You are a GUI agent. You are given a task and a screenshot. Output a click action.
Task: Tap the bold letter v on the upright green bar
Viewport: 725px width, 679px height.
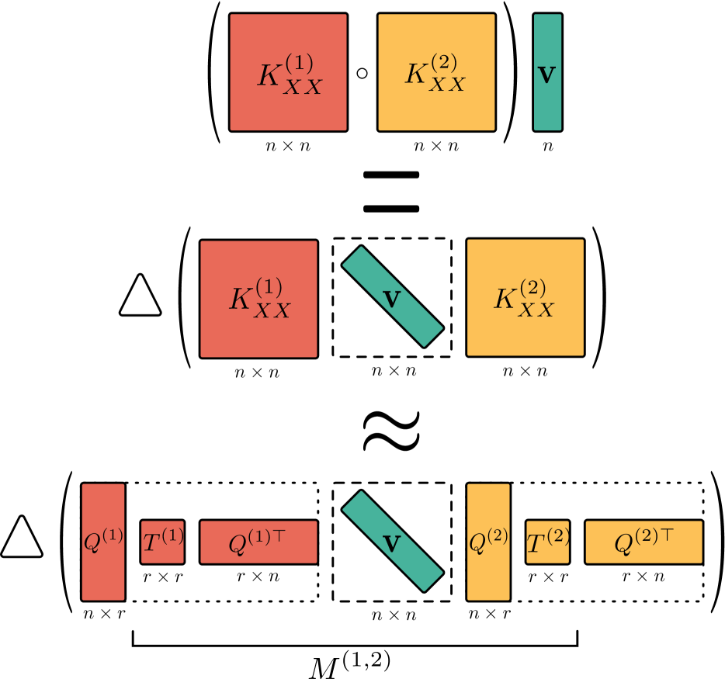pyautogui.click(x=547, y=75)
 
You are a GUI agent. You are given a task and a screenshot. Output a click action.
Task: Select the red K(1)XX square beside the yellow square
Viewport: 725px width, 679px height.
pyautogui.click(x=288, y=72)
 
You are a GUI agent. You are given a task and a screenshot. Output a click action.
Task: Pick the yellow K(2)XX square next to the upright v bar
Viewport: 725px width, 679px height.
pyautogui.click(x=436, y=72)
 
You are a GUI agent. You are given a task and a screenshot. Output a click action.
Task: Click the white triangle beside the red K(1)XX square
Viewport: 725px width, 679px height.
pyautogui.click(x=140, y=296)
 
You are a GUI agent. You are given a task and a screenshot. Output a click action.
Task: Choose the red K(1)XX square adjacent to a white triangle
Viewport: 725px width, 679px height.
pyautogui.click(x=258, y=299)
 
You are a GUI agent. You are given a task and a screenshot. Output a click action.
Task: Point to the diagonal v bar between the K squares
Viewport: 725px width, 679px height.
pyautogui.click(x=392, y=299)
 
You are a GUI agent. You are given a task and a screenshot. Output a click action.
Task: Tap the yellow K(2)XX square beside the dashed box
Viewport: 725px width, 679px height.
pyautogui.click(x=525, y=299)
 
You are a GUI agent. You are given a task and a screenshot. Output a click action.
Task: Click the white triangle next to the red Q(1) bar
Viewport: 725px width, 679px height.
pyautogui.click(x=22, y=537)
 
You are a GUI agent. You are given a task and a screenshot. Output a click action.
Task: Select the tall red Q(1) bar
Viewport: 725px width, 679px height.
pyautogui.click(x=103, y=542)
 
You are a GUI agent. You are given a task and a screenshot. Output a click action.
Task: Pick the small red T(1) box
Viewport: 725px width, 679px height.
pyautogui.click(x=162, y=542)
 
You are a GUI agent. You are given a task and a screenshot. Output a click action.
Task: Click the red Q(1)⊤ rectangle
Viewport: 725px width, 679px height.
pyautogui.click(x=258, y=542)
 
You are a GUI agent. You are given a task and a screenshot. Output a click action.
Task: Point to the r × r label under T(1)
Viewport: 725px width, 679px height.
pyautogui.click(x=162, y=577)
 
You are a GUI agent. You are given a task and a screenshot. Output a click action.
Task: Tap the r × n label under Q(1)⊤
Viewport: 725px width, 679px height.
pyautogui.click(x=258, y=577)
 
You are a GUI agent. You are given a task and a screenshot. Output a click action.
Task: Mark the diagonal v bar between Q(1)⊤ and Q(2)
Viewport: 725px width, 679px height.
pyautogui.click(x=392, y=542)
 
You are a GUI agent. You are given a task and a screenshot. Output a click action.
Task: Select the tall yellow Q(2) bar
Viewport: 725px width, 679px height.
pyautogui.click(x=488, y=542)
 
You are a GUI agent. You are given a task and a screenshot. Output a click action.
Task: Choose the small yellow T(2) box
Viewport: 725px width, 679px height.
pyautogui.click(x=547, y=542)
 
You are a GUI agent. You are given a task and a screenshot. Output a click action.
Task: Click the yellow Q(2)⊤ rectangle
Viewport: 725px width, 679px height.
pyautogui.click(x=643, y=542)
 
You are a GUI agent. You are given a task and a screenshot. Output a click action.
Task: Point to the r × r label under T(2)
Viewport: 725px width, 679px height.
pyautogui.click(x=547, y=577)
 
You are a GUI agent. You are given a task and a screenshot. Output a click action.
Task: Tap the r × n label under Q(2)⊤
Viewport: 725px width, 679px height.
pyautogui.click(x=643, y=577)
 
